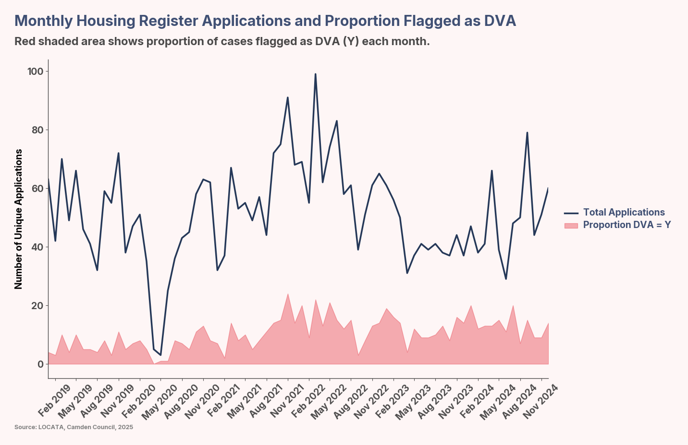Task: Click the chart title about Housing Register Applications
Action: click(x=265, y=21)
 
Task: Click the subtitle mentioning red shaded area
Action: click(x=221, y=41)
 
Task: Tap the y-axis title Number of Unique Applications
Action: click(x=19, y=219)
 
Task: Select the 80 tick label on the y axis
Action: click(x=37, y=130)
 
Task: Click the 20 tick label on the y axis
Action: click(x=37, y=306)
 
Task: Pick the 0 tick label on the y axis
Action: click(x=40, y=364)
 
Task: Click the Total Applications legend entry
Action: click(x=624, y=212)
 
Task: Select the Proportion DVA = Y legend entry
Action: click(x=627, y=225)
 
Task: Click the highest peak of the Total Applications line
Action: click(x=315, y=74)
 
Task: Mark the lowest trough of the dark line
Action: click(x=161, y=355)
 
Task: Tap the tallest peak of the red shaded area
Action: click(x=287, y=294)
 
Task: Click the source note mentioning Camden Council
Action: click(x=74, y=427)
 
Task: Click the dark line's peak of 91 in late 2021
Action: click(x=287, y=98)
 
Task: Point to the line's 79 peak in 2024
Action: click(x=527, y=133)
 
